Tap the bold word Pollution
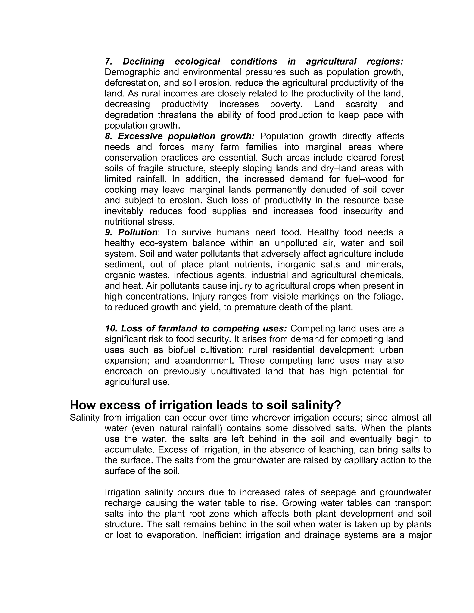pyautogui.click(x=138, y=232)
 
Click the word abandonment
pyautogui.click(x=204, y=361)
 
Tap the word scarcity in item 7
pyautogui.click(x=361, y=104)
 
